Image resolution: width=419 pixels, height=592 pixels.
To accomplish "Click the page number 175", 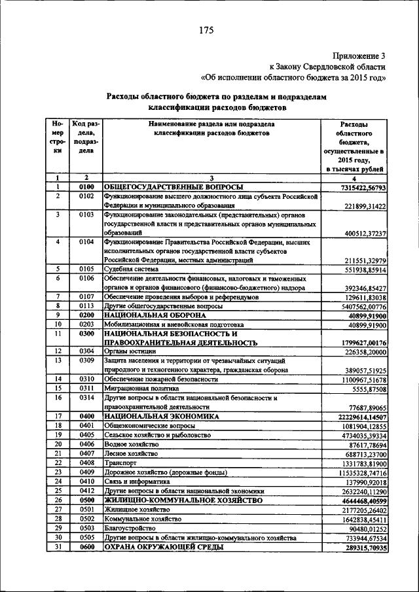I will (x=209, y=29).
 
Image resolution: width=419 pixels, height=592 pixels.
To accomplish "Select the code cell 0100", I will (x=86, y=187).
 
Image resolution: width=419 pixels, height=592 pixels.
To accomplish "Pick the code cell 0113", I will (x=86, y=305).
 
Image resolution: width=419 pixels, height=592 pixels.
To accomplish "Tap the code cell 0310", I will (x=86, y=379).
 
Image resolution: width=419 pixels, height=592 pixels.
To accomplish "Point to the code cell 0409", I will (x=86, y=472).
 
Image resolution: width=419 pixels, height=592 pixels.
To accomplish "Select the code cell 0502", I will (x=86, y=519).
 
